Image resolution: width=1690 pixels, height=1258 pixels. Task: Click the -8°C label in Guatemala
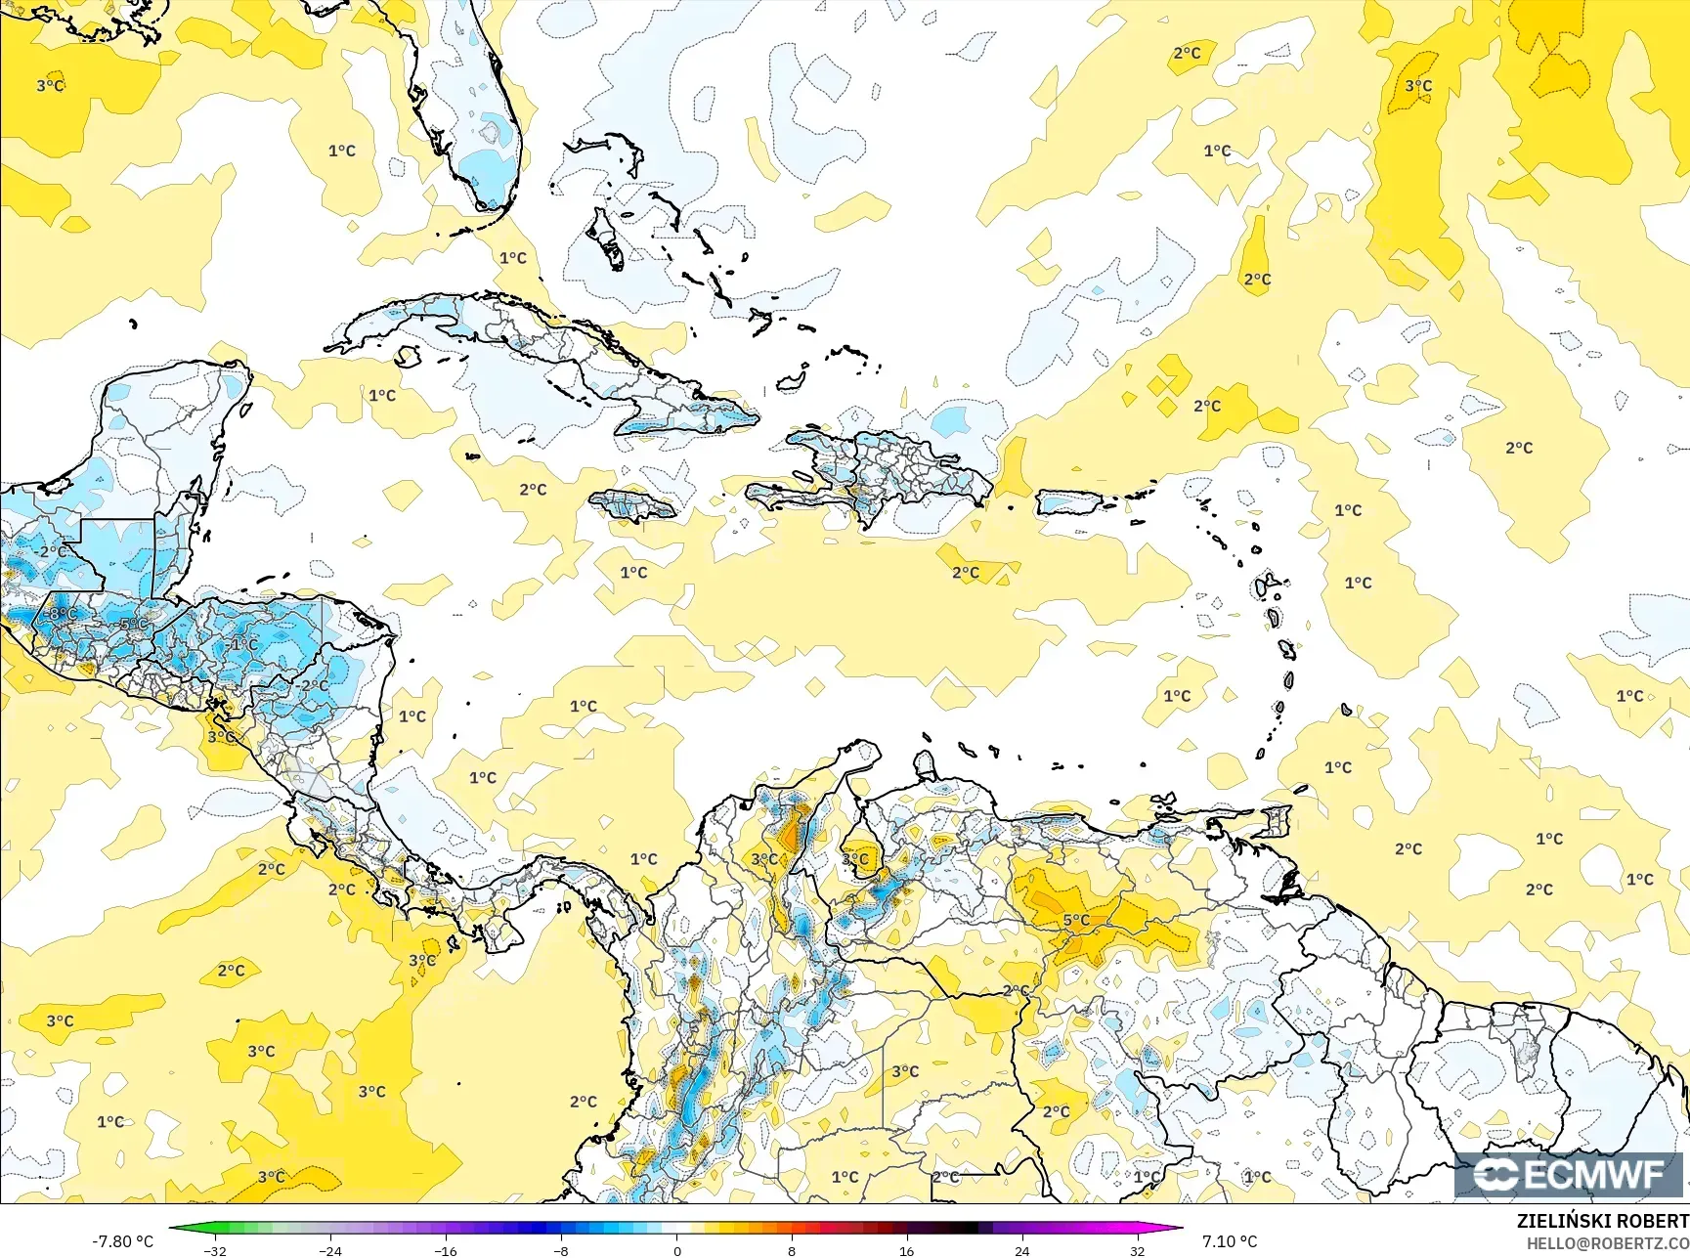pos(62,614)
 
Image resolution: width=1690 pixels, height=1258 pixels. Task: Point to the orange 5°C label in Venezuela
pos(1076,920)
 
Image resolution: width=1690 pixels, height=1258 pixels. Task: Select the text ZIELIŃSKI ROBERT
pos(1602,1221)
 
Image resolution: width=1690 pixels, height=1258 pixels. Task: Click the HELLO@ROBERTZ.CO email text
pos(1608,1242)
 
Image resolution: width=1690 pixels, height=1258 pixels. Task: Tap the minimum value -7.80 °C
pos(122,1241)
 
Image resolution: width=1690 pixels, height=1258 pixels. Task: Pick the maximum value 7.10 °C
pos(1230,1241)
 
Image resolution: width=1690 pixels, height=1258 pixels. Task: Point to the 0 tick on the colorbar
pos(676,1250)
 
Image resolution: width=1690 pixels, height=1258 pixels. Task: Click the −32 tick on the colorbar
pos(215,1250)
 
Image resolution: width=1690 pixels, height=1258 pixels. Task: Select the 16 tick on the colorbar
pos(907,1250)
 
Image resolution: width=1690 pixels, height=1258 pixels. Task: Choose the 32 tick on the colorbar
pos(1137,1250)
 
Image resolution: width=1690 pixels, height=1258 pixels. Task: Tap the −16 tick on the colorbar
pos(446,1250)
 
